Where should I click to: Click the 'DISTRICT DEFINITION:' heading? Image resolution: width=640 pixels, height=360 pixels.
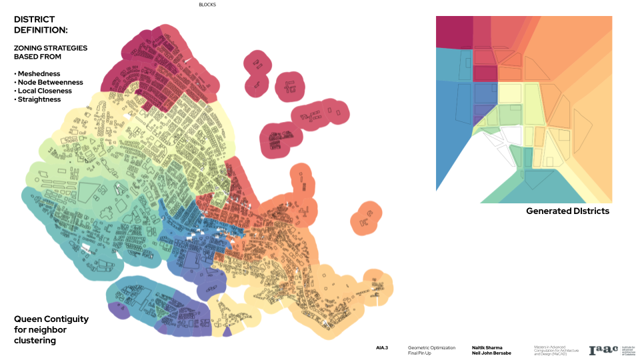(41, 25)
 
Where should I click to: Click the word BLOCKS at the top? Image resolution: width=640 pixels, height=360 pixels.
(207, 5)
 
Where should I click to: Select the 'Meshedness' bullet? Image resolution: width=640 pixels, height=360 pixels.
(39, 73)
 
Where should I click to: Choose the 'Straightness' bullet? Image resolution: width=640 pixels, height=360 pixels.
(39, 99)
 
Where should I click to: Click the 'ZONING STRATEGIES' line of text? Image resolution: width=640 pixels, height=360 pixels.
(51, 48)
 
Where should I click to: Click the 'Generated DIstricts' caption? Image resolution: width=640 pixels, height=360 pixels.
(567, 211)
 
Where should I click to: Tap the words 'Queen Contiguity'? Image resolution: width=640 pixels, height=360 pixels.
(51, 319)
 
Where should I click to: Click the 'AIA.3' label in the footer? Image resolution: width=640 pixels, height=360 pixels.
(382, 348)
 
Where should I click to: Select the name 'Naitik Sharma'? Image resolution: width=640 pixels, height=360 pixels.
(487, 347)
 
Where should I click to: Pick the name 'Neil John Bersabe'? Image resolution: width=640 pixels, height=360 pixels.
(491, 353)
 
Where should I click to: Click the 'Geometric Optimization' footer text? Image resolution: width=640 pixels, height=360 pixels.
(431, 347)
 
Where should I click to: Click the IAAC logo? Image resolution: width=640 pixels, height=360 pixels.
(603, 350)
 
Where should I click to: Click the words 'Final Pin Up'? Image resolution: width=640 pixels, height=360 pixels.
(420, 353)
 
